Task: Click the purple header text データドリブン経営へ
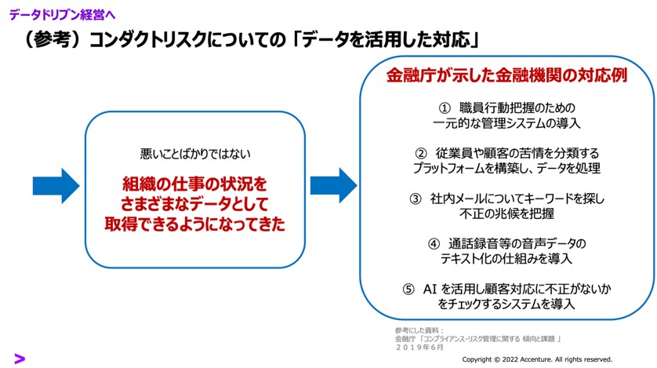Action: point(62,13)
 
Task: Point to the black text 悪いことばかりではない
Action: point(195,154)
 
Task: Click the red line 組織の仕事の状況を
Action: point(195,184)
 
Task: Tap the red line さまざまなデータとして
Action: point(195,205)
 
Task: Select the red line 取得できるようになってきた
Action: point(195,225)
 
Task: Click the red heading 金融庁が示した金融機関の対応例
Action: point(507,77)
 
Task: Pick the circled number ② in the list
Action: point(420,153)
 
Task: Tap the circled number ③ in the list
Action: point(416,199)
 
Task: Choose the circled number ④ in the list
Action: point(434,243)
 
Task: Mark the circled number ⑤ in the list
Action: point(408,289)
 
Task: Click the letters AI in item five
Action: point(430,289)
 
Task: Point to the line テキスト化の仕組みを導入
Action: point(507,258)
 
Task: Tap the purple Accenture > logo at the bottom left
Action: point(20,358)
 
